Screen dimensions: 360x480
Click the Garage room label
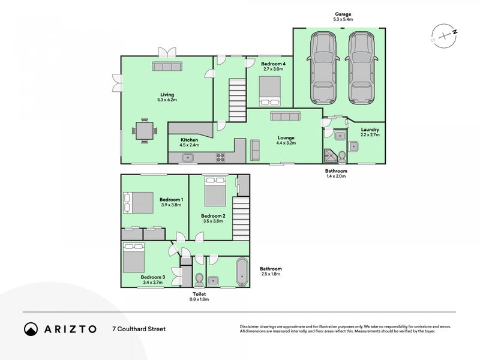coord(343,14)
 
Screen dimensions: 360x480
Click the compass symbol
coord(443,35)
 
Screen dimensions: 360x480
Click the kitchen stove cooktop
coord(220,158)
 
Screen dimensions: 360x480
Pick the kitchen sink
coord(188,158)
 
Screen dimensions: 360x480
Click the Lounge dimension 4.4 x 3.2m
coord(286,143)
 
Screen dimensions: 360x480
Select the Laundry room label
coord(369,129)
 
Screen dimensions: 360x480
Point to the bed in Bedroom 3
coord(134,258)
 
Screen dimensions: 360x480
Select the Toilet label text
coord(200,294)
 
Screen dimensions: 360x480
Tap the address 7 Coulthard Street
coord(139,329)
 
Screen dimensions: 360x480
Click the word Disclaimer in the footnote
coord(251,326)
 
